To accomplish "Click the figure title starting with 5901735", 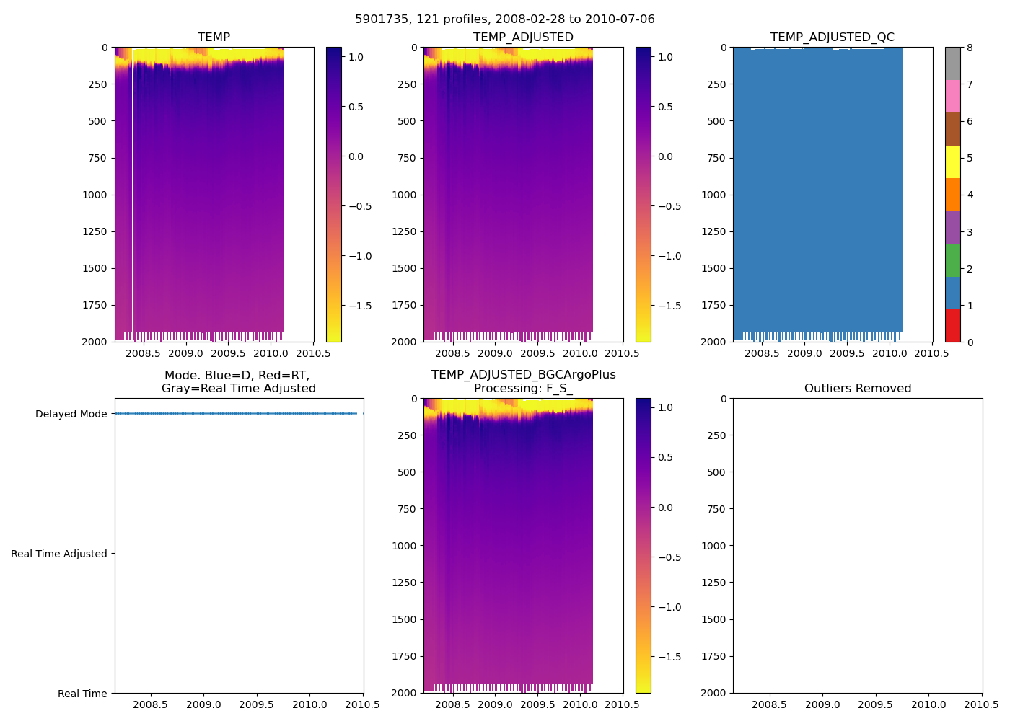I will point(504,19).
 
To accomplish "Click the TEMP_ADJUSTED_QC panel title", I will point(832,37).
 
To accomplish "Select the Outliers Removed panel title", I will point(858,388).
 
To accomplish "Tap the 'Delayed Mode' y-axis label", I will point(71,414).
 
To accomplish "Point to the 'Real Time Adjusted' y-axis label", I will point(58,554).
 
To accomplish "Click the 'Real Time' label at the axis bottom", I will point(82,694).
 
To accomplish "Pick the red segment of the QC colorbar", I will point(952,325).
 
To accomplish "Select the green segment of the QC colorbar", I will point(952,260).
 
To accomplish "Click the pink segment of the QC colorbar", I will point(952,97).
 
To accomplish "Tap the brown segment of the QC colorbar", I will point(952,129).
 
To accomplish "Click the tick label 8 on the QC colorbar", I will point(970,48).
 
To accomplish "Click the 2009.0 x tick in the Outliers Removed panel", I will point(822,704).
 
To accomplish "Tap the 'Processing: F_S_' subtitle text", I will point(523,388).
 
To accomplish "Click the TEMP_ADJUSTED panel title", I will point(523,37).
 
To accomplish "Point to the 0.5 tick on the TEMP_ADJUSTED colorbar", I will point(665,107).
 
